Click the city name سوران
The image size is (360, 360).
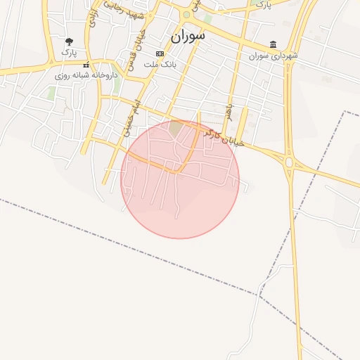pos(187,35)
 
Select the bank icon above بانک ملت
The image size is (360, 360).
pos(160,53)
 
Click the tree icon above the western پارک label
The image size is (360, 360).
pos(68,42)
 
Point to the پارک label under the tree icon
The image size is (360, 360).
pos(68,52)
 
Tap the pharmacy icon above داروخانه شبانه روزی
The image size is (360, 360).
pos(85,65)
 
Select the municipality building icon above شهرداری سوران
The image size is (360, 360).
pos(273,44)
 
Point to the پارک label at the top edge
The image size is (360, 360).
pos(262,4)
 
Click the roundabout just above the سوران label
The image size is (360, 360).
pos(186,14)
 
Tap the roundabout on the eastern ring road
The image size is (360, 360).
pos(288,163)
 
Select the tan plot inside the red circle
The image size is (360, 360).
pos(175,127)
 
